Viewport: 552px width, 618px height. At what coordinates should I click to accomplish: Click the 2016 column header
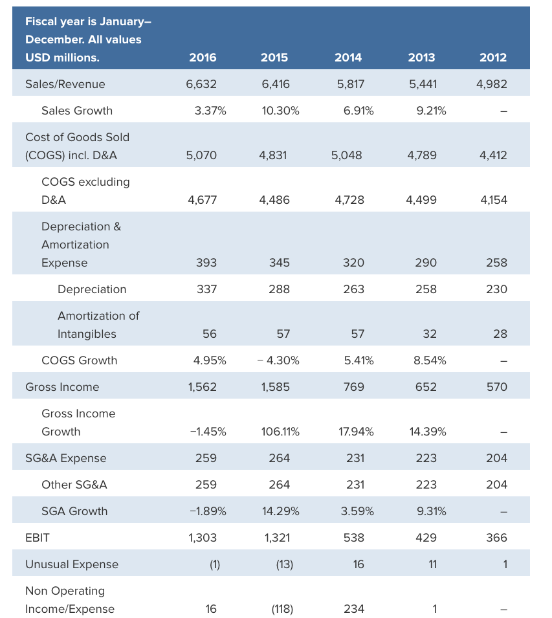pos(203,58)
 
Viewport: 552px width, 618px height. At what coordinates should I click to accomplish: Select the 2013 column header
pos(421,58)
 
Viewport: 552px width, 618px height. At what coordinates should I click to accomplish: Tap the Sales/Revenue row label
pos(65,84)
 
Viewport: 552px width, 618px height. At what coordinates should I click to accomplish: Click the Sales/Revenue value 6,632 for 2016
pos(201,84)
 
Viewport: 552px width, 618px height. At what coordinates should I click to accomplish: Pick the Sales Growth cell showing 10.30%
pos(280,111)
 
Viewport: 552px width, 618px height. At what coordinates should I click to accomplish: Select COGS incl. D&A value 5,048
pos(346,155)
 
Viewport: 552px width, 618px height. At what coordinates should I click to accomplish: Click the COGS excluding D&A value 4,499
pos(421,200)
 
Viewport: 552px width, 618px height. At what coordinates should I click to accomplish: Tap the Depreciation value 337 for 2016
pos(206,289)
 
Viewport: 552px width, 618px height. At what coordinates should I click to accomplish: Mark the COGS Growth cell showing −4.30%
pos(278,360)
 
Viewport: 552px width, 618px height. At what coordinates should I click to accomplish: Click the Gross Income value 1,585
pos(275,387)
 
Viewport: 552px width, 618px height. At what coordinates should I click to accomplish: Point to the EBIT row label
pos(37,538)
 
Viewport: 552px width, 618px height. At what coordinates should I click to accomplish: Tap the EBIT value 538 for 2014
pos(354,538)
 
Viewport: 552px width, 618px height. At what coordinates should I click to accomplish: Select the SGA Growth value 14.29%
pos(280,511)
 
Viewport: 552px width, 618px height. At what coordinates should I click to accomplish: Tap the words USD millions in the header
pos(62,58)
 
